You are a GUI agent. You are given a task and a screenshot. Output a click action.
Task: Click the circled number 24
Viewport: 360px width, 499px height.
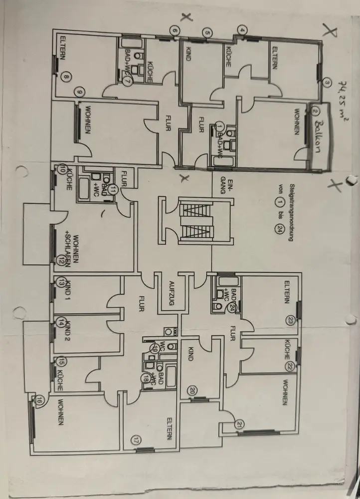[232, 307]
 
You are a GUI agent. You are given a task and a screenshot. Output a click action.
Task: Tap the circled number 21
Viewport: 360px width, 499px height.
[241, 425]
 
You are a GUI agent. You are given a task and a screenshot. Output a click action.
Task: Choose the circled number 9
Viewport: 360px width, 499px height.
[78, 91]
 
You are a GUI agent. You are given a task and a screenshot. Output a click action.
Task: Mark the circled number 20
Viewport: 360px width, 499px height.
[192, 390]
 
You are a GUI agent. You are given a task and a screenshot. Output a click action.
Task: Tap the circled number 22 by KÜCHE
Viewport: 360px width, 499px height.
[290, 366]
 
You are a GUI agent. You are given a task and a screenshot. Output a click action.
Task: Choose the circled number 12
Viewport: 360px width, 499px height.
[61, 259]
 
